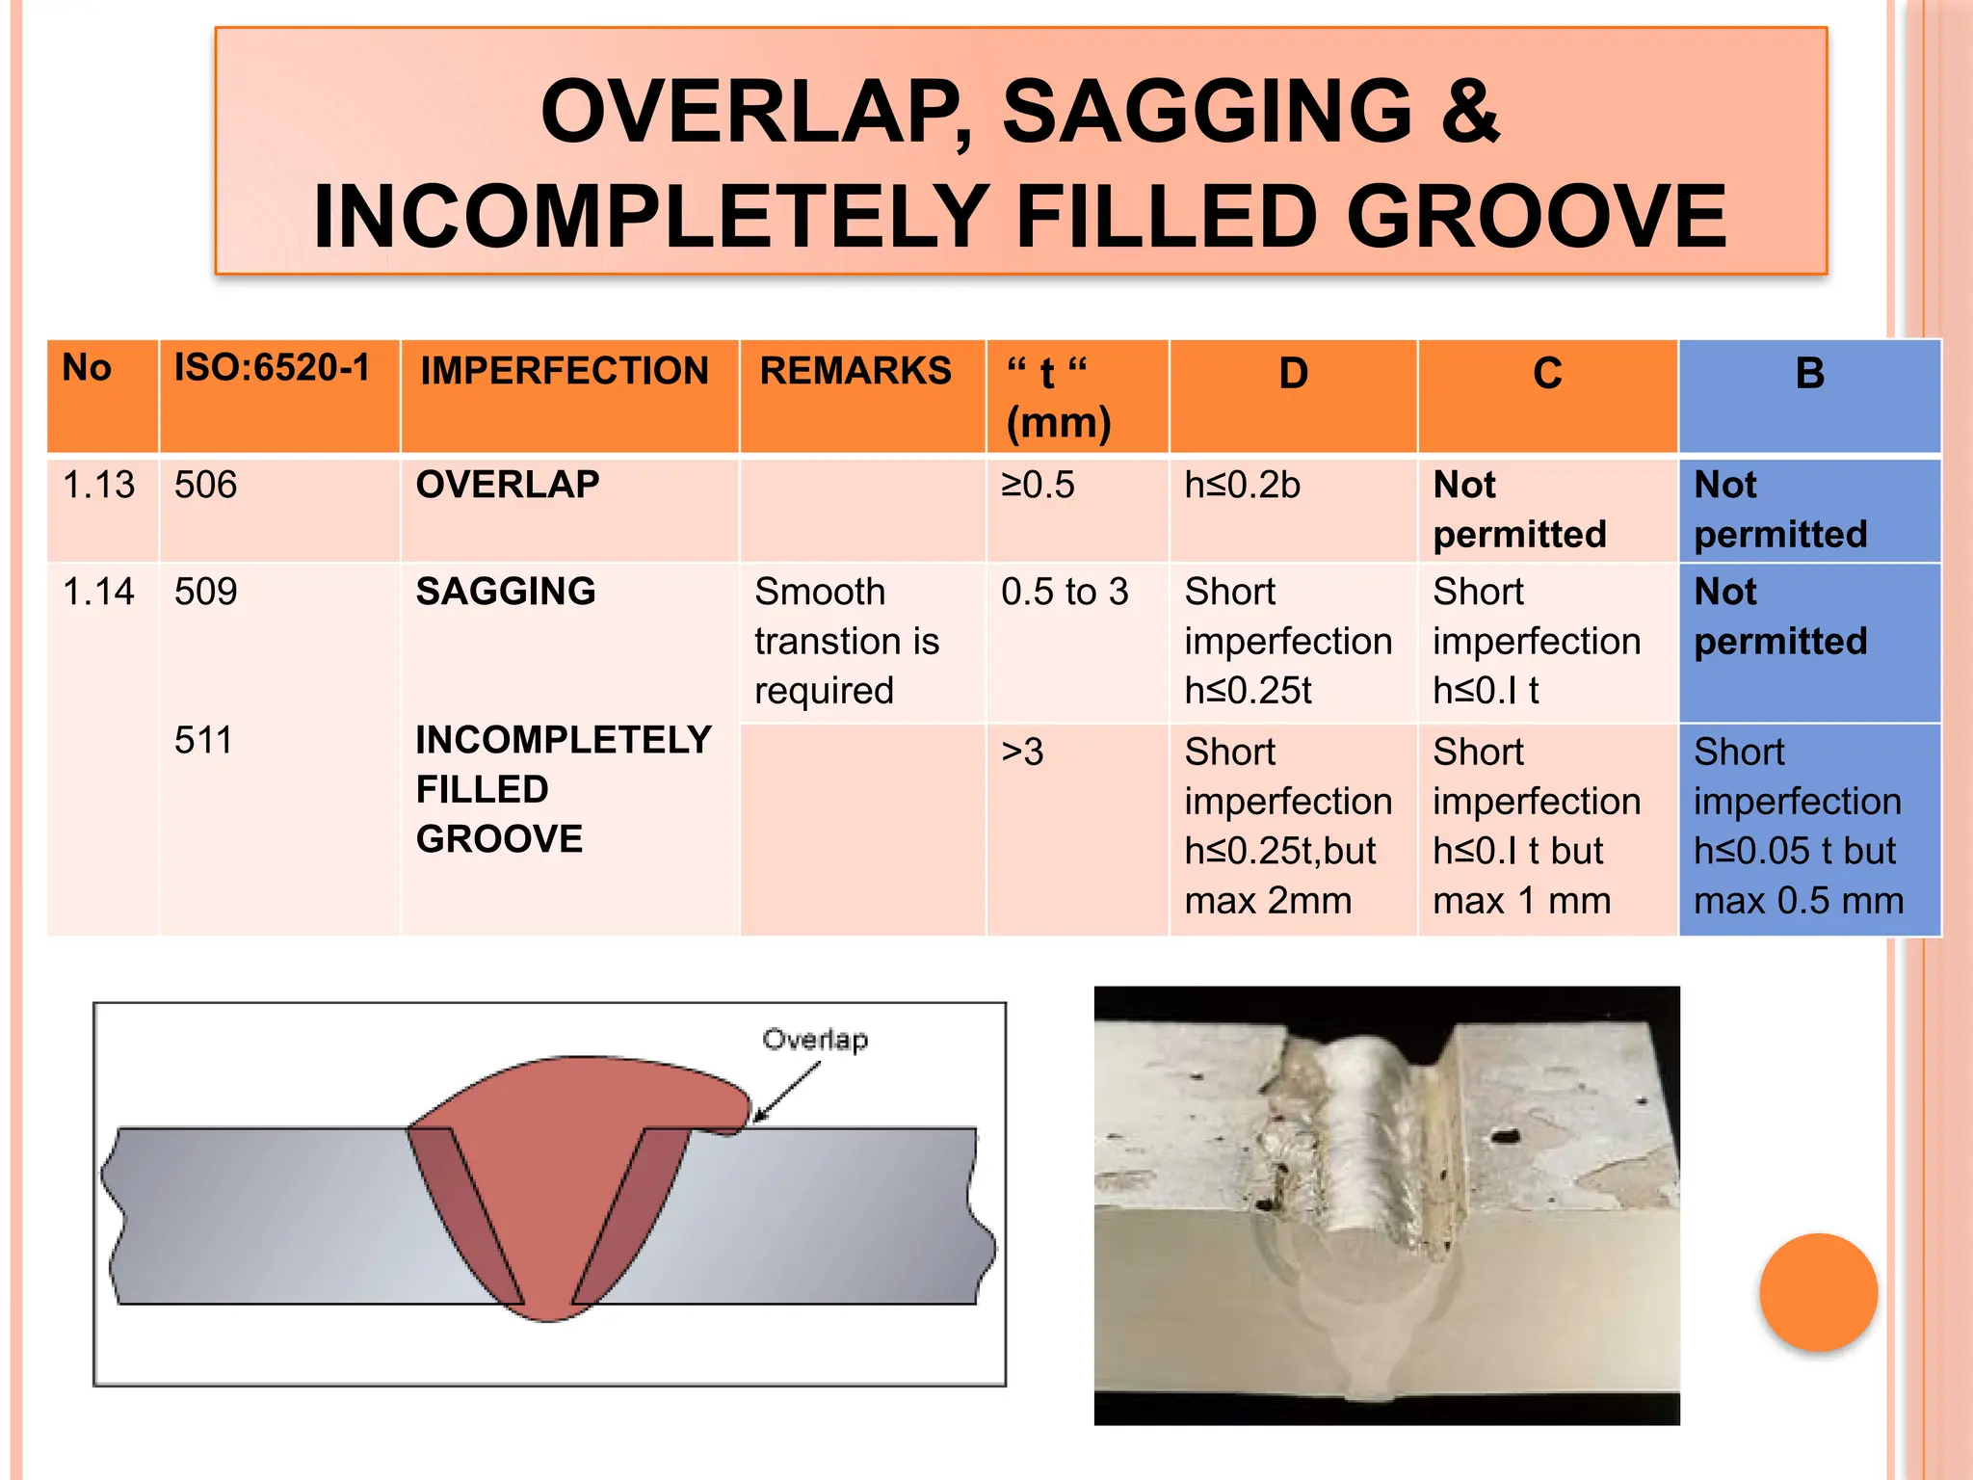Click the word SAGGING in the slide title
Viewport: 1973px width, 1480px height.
click(x=1206, y=112)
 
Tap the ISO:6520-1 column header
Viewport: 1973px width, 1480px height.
click(x=273, y=368)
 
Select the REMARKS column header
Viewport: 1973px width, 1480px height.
click(x=855, y=372)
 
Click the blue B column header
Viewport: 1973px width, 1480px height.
click(x=1809, y=374)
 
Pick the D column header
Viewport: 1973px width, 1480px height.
click(x=1293, y=374)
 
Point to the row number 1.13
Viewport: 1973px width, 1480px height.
click(x=99, y=485)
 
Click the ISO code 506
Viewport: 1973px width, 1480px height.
click(x=205, y=485)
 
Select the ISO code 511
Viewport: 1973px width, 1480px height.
click(x=204, y=741)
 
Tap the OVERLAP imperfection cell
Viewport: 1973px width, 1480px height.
click(x=508, y=485)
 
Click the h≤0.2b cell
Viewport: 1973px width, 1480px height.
click(x=1243, y=486)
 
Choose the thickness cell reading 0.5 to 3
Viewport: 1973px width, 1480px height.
click(x=1065, y=592)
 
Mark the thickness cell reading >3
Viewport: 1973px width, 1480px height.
click(x=1023, y=753)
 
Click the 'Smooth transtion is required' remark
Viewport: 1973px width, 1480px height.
click(x=846, y=642)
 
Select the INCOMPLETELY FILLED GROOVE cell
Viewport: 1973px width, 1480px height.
click(x=563, y=790)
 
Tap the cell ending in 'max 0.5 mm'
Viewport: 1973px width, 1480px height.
click(x=1799, y=827)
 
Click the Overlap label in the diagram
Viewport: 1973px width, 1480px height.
click(x=815, y=1040)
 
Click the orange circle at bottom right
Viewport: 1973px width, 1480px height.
click(x=1818, y=1292)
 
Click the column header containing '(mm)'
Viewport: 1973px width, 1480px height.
click(x=1059, y=398)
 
